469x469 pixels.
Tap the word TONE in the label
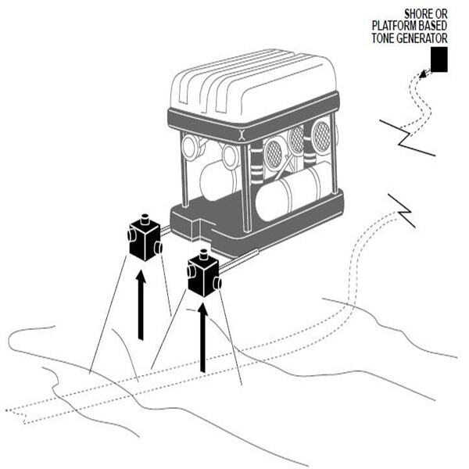tap(391, 37)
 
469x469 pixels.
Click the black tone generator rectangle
tap(439, 60)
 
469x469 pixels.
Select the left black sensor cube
tap(144, 240)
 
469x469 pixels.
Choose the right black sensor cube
tap(203, 276)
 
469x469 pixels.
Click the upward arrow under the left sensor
tap(140, 305)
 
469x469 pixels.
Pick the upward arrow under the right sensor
tap(202, 336)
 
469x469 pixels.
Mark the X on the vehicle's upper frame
tap(242, 133)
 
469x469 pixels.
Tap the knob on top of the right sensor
tap(204, 254)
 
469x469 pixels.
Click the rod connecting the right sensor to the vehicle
tap(238, 261)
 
